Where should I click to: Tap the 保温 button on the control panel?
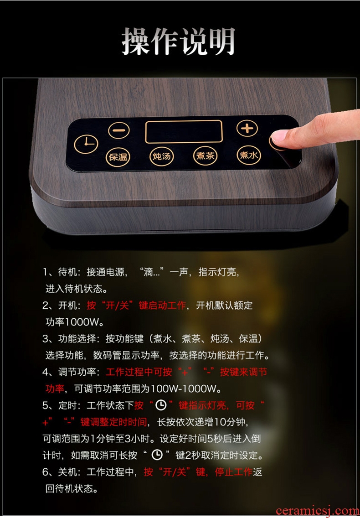coord(118,156)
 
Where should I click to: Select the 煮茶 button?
coord(206,155)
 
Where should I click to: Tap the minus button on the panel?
coord(119,130)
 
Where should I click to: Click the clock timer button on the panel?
coord(86,144)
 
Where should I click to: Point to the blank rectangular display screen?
coord(184,131)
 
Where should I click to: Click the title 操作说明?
coord(178,41)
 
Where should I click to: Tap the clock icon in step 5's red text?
coord(161,405)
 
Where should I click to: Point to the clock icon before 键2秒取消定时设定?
coord(157,455)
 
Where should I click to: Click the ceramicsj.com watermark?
coord(317,511)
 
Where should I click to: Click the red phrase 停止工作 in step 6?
coord(234,472)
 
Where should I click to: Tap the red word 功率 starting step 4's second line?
coord(55,389)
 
